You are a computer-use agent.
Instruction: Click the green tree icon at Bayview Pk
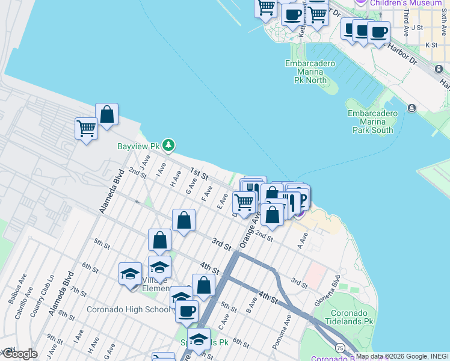click(x=169, y=145)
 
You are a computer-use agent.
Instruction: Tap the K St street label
click(x=431, y=45)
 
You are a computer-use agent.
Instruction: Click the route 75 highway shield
click(x=341, y=348)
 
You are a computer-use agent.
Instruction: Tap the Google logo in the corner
click(x=19, y=354)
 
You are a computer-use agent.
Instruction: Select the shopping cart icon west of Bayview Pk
click(x=86, y=128)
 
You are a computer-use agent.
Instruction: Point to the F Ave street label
click(x=208, y=192)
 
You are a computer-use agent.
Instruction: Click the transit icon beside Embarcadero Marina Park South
click(x=411, y=108)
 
